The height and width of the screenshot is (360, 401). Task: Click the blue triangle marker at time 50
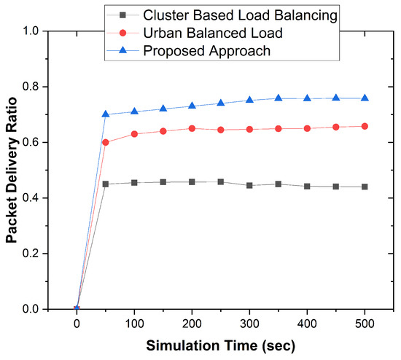[x=106, y=114]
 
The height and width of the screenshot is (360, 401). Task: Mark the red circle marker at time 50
[x=106, y=142]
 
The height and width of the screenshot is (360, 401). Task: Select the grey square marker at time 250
[x=221, y=181]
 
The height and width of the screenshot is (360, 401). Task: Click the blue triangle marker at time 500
[x=365, y=98]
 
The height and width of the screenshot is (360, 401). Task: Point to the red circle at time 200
[x=192, y=128]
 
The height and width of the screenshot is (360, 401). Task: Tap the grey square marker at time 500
[x=365, y=187]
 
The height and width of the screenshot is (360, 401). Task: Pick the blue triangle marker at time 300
[x=249, y=100]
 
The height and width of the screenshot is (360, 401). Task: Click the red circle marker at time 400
[x=307, y=128]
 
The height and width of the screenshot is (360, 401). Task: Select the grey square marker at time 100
[x=134, y=182]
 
